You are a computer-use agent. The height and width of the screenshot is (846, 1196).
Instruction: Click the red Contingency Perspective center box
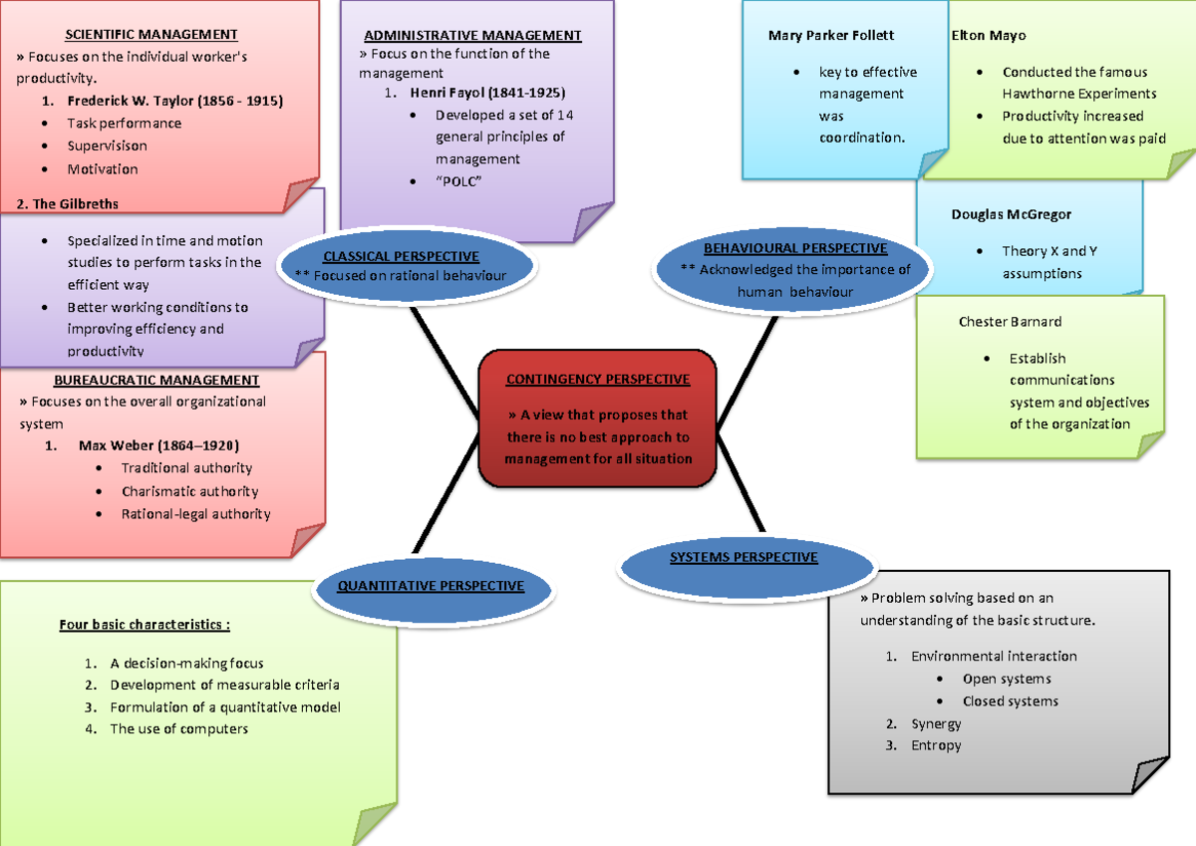point(597,419)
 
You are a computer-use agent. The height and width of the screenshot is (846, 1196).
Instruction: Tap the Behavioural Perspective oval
point(794,269)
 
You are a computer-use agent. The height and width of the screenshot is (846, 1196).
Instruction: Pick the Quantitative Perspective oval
point(431,586)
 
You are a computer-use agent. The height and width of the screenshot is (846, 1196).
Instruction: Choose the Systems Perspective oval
point(744,558)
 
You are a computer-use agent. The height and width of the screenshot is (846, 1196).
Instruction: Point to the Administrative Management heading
point(472,35)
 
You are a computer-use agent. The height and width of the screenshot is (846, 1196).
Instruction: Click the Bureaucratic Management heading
point(157,380)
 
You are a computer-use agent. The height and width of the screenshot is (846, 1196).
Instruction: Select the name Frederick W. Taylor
point(174,101)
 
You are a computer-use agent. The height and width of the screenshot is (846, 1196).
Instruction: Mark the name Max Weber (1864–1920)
point(158,445)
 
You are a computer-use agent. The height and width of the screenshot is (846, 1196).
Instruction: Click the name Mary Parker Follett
point(831,35)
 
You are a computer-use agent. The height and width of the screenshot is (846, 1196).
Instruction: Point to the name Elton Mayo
point(988,35)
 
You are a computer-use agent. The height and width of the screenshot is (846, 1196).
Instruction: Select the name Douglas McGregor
point(1011,214)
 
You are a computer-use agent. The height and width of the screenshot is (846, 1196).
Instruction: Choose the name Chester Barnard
point(1010,322)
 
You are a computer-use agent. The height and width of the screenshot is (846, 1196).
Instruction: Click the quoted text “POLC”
point(458,181)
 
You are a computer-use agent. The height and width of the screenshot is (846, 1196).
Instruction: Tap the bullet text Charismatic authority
point(189,491)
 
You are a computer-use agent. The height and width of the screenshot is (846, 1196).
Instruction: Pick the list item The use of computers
point(178,728)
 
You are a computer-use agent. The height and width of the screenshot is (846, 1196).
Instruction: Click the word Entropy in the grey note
point(936,745)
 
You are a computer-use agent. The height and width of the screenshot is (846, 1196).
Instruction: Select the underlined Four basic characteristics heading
point(145,625)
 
